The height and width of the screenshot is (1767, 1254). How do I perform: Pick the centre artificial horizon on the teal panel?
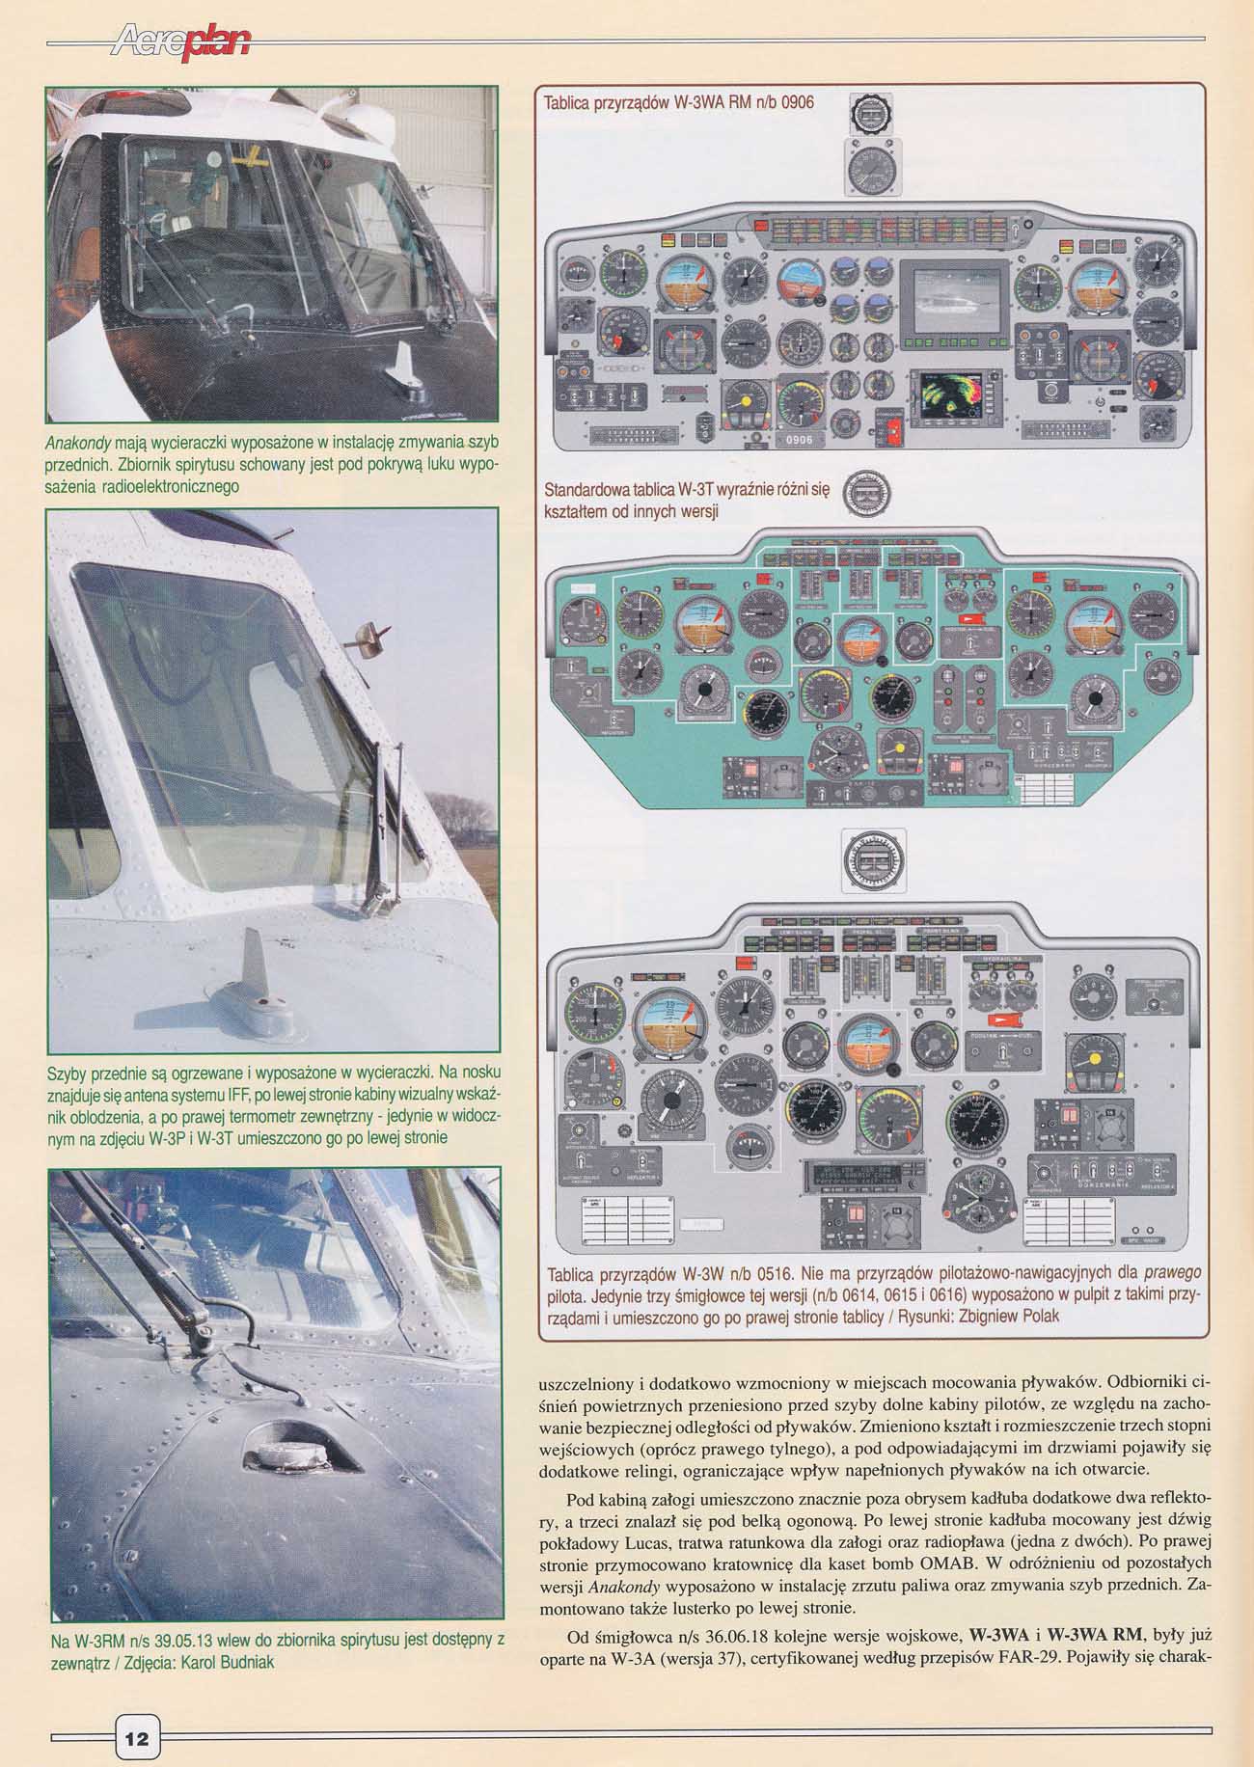click(x=862, y=639)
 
